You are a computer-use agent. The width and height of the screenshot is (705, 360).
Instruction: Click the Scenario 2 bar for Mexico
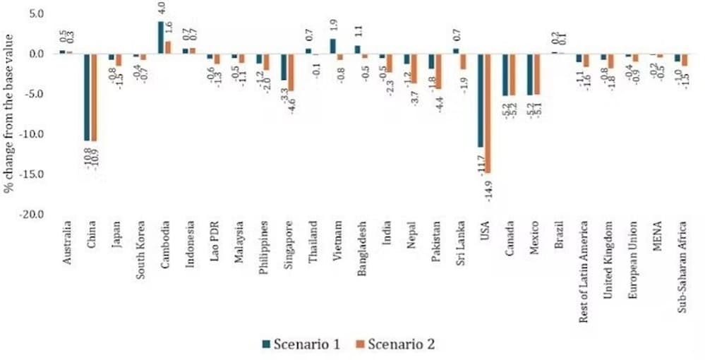(536, 74)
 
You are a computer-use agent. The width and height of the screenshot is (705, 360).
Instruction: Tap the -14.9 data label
(486, 189)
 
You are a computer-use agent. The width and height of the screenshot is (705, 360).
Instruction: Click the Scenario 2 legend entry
(395, 344)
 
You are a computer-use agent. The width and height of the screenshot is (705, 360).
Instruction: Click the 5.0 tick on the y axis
(35, 14)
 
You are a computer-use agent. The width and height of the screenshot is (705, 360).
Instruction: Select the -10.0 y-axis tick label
(34, 134)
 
